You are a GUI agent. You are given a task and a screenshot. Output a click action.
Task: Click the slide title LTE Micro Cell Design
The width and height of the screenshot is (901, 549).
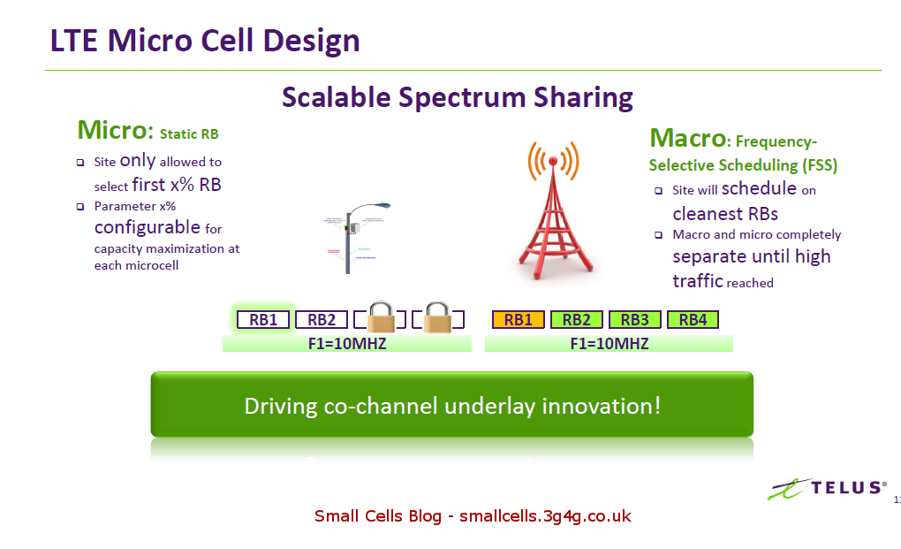tap(205, 41)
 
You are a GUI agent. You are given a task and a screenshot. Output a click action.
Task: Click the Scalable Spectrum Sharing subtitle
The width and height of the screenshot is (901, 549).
tap(457, 96)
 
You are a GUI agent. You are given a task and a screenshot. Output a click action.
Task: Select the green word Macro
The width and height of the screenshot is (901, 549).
tap(687, 138)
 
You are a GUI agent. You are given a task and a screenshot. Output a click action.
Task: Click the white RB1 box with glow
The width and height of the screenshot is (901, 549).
tap(263, 320)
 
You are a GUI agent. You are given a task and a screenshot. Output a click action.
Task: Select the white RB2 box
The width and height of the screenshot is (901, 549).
tap(321, 320)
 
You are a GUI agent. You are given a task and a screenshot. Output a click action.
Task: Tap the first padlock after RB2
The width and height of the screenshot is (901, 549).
tap(381, 317)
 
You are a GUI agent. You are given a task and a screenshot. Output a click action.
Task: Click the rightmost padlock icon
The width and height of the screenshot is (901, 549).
tap(436, 317)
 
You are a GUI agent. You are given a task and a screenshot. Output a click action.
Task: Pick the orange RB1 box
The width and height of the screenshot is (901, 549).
tap(518, 320)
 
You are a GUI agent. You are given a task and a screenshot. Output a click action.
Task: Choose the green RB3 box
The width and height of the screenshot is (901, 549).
tap(634, 320)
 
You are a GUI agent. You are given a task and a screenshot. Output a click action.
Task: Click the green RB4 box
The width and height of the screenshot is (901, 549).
tap(693, 320)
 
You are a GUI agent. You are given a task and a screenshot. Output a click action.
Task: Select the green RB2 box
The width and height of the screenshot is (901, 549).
tap(576, 320)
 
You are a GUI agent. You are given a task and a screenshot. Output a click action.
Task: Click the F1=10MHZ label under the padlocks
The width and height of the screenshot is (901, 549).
tap(346, 343)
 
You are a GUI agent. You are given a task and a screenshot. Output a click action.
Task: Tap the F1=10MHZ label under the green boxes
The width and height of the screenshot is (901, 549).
tap(609, 343)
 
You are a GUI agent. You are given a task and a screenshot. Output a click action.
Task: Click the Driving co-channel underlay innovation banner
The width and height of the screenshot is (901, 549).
tap(451, 406)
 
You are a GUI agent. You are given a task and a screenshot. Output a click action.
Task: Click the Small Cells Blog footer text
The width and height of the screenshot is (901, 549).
tap(473, 515)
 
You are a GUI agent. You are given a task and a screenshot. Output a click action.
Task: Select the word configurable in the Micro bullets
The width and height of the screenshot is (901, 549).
tap(148, 227)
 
